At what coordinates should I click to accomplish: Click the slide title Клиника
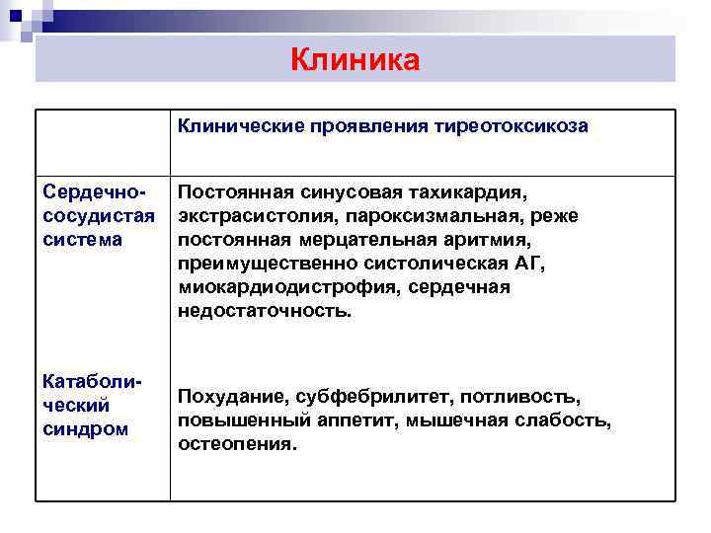(355, 60)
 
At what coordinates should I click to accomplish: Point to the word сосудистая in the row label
(101, 216)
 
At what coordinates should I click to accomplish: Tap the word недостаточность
(264, 311)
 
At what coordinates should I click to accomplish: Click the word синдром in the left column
(86, 428)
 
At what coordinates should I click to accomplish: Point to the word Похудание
(229, 397)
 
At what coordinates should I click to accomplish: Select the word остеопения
(236, 444)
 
